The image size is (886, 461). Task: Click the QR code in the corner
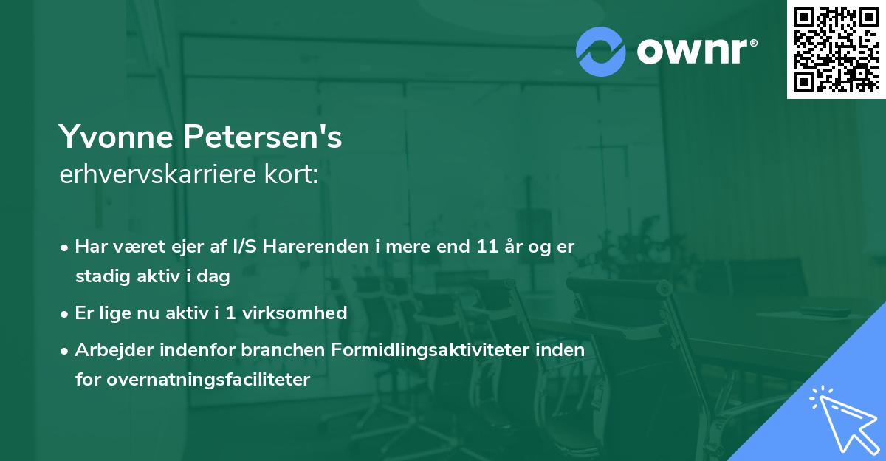(x=836, y=49)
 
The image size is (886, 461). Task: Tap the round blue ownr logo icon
(x=601, y=52)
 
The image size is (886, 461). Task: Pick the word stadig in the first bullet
(x=99, y=277)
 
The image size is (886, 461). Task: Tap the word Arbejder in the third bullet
(x=109, y=350)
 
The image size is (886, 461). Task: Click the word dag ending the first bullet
(x=215, y=277)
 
